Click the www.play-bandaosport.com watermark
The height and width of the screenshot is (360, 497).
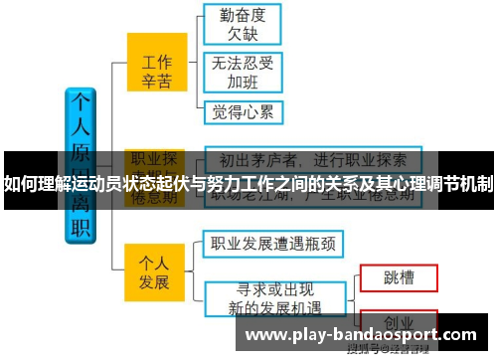[x=359, y=335]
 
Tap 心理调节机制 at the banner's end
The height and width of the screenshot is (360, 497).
[x=438, y=183]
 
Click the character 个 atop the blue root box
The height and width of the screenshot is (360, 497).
[x=79, y=104]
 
